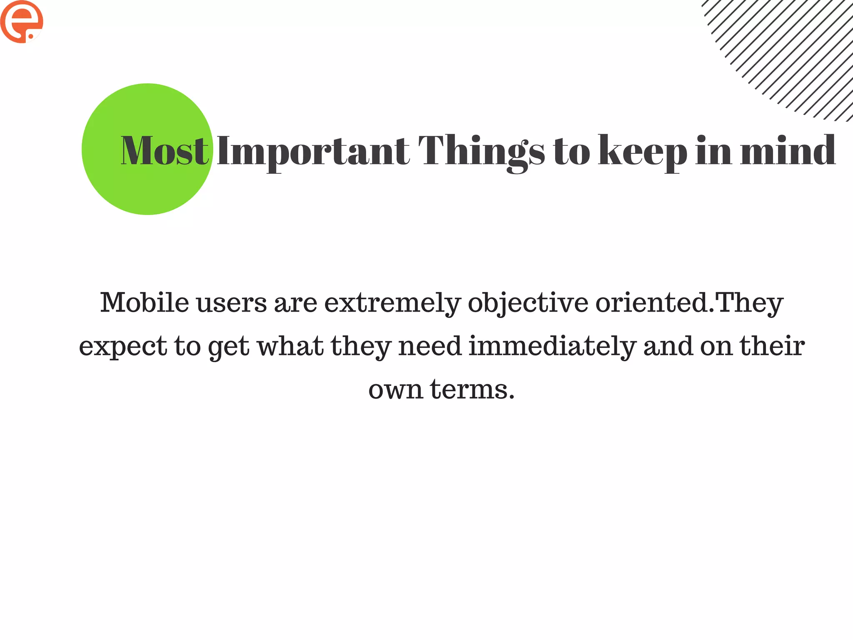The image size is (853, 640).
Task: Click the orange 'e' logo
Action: [x=22, y=22]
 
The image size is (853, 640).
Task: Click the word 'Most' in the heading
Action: [x=165, y=150]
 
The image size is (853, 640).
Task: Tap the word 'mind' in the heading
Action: [x=788, y=150]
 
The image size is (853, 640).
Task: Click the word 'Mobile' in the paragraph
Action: [x=145, y=302]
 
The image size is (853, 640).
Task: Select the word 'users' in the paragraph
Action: [x=232, y=303]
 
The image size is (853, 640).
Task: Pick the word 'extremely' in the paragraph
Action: [x=392, y=303]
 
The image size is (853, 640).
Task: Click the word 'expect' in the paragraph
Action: [x=123, y=347]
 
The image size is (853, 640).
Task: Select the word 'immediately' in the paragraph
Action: [x=552, y=347]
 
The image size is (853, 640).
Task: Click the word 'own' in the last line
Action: [x=396, y=390]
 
